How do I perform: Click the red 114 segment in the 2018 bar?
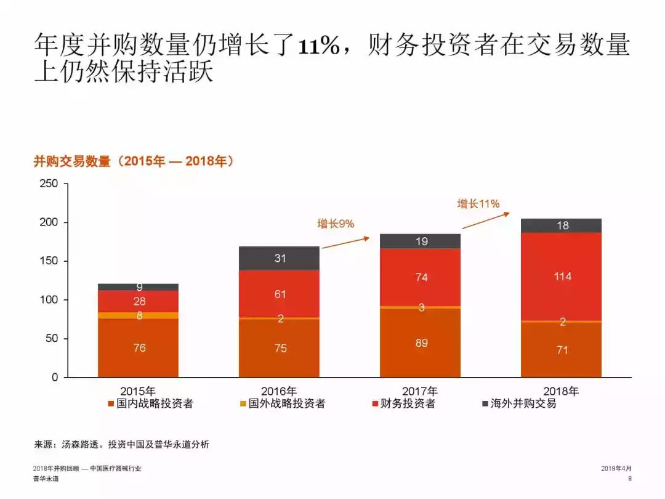(x=561, y=277)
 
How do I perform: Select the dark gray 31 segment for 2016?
(x=280, y=258)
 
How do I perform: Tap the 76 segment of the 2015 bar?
(x=139, y=347)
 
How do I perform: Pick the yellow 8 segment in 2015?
(x=139, y=315)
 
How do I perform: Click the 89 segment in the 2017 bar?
(x=421, y=343)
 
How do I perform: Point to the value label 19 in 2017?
(x=421, y=241)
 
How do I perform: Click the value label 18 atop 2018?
(x=562, y=225)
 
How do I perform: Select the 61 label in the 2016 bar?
(x=280, y=294)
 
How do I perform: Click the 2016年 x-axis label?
(x=279, y=391)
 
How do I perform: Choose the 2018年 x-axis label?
(x=561, y=391)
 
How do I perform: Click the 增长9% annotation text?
(x=336, y=224)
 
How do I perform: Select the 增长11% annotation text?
(x=478, y=204)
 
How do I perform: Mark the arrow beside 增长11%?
(x=486, y=221)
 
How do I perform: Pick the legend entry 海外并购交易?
(x=523, y=404)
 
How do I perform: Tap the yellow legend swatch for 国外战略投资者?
(x=243, y=404)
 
